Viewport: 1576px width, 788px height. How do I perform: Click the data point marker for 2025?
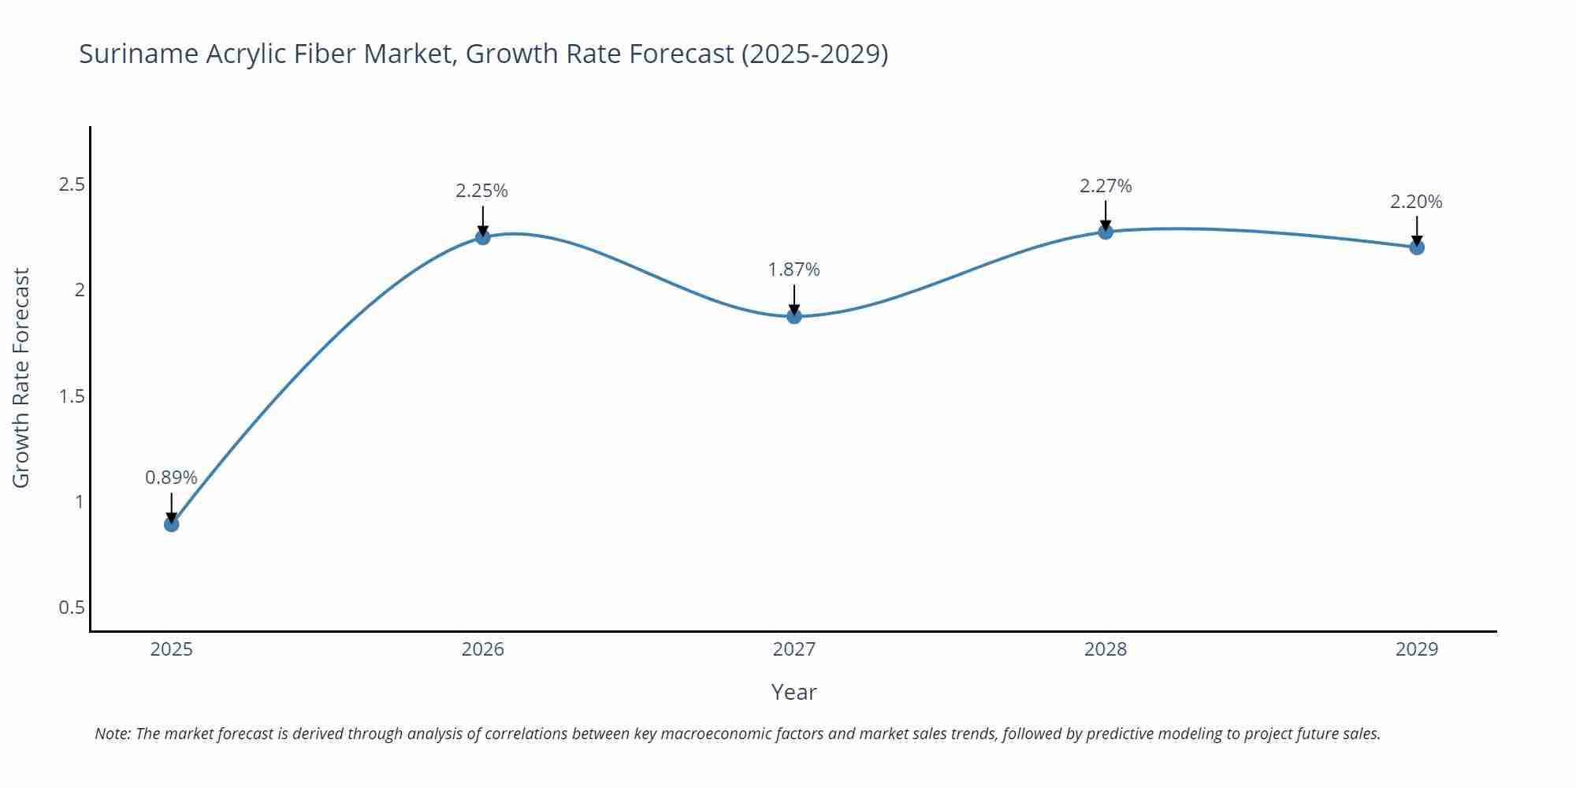172,524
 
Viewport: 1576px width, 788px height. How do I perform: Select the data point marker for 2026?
483,236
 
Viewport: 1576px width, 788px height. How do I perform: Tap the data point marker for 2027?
794,316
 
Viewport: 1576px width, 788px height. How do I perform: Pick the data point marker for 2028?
1106,232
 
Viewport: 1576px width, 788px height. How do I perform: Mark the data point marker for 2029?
1417,247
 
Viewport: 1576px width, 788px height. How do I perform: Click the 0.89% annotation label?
171,478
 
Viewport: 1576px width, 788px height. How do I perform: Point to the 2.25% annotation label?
481,191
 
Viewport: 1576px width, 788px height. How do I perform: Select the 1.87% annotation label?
794,269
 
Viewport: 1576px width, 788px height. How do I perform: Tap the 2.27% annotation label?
1105,186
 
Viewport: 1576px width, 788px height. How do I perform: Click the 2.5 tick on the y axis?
72,184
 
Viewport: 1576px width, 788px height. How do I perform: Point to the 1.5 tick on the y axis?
72,396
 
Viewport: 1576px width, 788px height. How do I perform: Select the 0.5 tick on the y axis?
72,608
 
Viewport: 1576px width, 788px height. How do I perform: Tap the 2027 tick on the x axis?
794,649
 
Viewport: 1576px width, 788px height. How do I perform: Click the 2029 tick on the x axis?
1416,649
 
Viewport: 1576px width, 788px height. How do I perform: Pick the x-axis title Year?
794,692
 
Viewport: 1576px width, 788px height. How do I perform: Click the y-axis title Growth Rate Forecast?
21,377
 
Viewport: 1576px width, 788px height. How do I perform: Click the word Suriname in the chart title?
138,54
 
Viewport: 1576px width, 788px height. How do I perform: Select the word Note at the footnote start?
112,734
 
